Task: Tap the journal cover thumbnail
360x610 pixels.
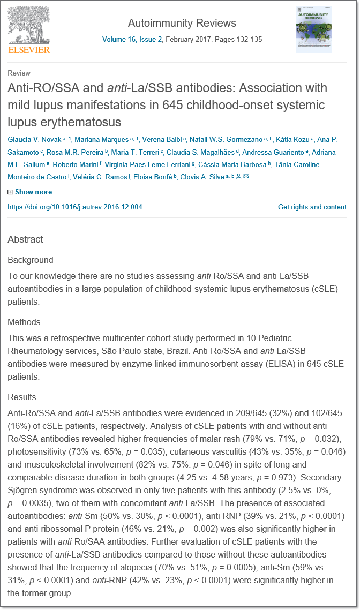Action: tap(313, 29)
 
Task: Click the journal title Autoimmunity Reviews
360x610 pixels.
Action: tap(182, 23)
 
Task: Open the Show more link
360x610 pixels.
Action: tap(33, 192)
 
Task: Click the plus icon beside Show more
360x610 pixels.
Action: tap(10, 192)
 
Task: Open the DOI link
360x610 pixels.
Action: tap(75, 207)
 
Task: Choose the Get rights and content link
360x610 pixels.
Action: tap(312, 207)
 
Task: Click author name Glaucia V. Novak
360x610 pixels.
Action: tap(33, 139)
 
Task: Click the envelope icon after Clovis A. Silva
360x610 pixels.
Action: tap(246, 177)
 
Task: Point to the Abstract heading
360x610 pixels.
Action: tap(25, 239)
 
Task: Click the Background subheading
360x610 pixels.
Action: tap(30, 260)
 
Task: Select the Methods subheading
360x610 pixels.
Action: tap(24, 322)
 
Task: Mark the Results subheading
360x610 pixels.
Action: tap(22, 397)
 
